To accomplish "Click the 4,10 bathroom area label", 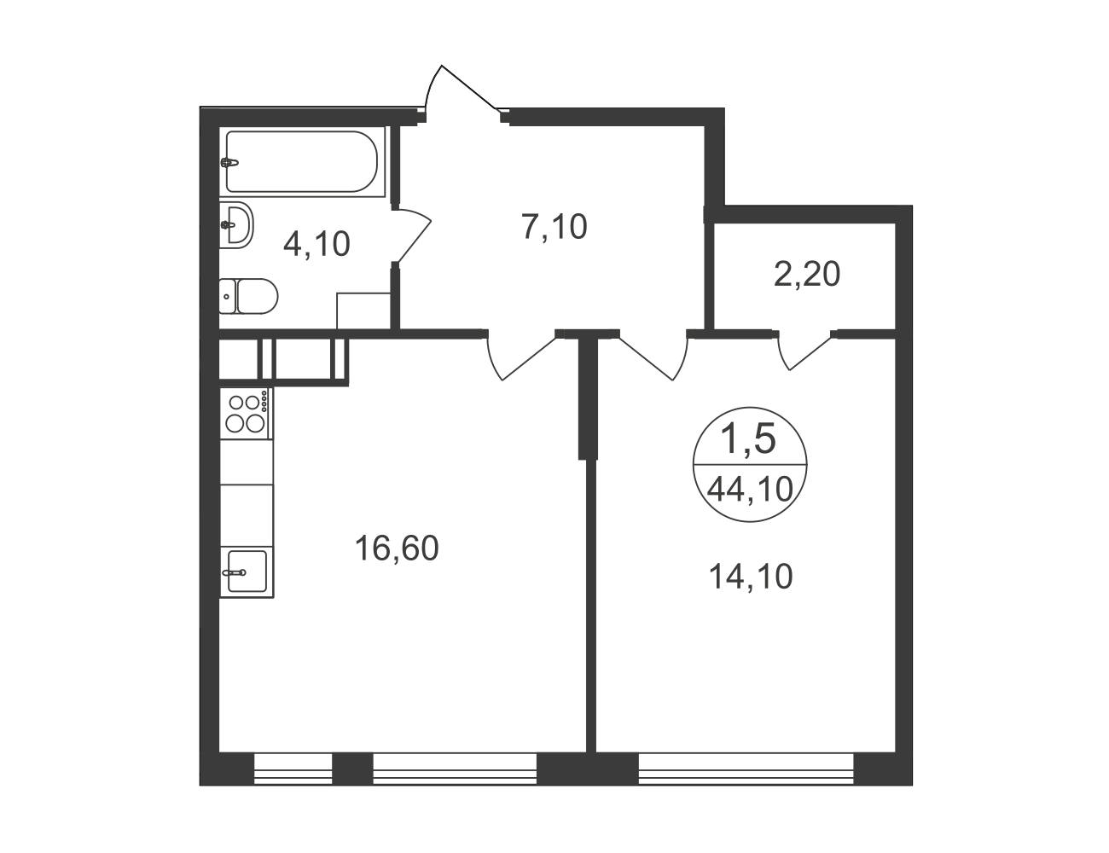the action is pos(316,244).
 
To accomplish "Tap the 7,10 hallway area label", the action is pos(554,227).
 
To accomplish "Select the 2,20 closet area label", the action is pos(807,274).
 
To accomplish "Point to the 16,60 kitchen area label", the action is pos(397,548).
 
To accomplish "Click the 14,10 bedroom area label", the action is pos(751,577).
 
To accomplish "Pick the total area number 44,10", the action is pos(750,490).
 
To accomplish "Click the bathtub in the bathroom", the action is pos(302,162).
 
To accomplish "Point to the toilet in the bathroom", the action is pos(248,296).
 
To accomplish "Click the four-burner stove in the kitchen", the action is pos(246,414).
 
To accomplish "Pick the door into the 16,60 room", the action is pos(521,357).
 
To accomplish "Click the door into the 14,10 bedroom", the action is pos(653,357).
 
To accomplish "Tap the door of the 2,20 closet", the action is pos(804,351).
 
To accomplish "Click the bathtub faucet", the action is pos(230,163).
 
